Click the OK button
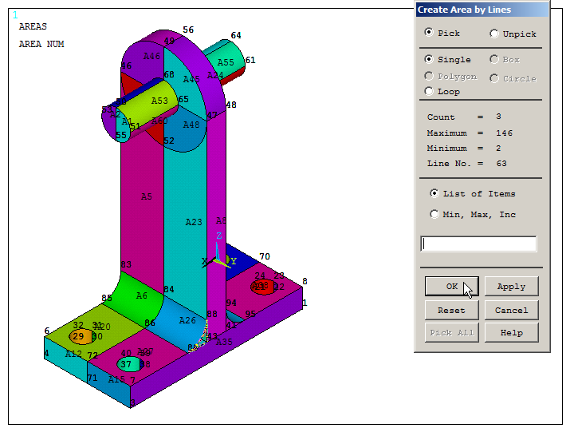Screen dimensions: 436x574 [451, 287]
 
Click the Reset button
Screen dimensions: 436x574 [451, 311]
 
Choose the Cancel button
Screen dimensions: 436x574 [511, 311]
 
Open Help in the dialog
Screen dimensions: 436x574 [511, 333]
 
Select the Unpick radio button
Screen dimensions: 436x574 [494, 34]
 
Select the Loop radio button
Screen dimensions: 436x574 [430, 92]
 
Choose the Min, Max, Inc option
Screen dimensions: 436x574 [434, 214]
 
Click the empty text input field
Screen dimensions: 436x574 [478, 244]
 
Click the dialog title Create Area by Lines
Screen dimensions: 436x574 [465, 10]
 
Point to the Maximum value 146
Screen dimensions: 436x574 [504, 133]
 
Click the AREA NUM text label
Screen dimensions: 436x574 [41, 45]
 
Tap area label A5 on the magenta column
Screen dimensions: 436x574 [147, 196]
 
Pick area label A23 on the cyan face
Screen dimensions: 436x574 [194, 223]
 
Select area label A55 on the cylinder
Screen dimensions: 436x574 [226, 62]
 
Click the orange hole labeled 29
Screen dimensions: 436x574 [78, 337]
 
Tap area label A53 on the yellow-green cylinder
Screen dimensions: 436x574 [159, 101]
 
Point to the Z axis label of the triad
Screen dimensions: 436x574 [218, 237]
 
